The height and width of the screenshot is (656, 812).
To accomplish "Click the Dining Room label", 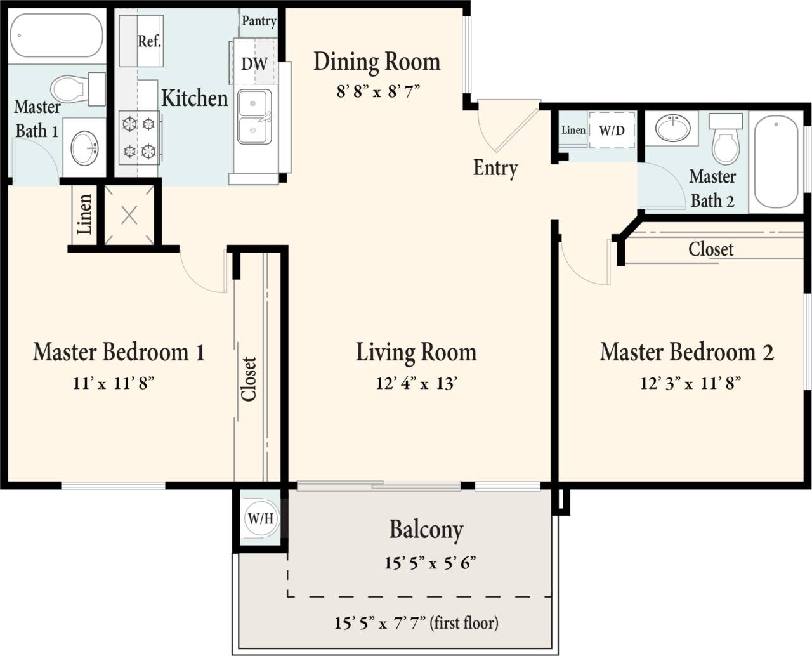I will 377,62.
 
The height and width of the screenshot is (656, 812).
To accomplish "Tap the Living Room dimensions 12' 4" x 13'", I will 416,383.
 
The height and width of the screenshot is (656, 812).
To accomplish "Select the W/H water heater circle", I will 260,518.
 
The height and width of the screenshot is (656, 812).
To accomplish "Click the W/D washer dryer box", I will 612,131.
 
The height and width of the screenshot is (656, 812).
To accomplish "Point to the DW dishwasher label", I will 254,63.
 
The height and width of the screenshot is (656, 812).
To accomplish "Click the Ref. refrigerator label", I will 149,41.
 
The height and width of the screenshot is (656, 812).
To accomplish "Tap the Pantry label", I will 259,21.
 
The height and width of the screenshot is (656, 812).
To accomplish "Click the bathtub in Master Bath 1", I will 57,36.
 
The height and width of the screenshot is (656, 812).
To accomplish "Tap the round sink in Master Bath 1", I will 84,148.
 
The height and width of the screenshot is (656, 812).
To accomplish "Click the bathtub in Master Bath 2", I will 776,161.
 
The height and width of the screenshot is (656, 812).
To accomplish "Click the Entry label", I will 495,168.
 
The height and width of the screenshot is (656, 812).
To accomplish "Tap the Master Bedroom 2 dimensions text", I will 690,383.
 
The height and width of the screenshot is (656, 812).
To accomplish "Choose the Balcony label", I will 426,530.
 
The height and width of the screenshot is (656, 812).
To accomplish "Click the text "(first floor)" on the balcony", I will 464,623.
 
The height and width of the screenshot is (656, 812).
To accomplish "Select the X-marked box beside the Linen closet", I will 129,215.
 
